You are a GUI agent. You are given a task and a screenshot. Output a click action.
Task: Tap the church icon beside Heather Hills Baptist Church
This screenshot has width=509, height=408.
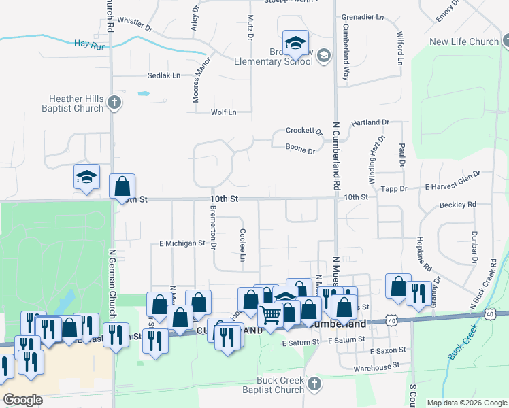pos(114,103)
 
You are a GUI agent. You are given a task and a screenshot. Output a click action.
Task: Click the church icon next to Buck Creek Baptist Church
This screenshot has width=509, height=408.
pos(314,385)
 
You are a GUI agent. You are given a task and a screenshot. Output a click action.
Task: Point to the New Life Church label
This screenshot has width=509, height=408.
pos(464,41)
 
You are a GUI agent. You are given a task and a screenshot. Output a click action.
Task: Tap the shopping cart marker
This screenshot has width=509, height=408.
pos(271,314)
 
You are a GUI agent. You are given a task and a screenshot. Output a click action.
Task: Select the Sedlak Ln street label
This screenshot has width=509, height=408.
pos(164,75)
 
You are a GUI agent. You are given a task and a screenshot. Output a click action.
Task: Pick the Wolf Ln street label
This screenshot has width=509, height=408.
pos(223,112)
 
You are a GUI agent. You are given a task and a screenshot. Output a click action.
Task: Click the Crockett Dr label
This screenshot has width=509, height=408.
pos(303,131)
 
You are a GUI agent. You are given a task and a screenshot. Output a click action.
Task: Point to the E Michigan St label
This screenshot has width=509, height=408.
pos(182,243)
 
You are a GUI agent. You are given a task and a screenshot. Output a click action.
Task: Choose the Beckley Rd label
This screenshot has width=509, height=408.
pos(457,205)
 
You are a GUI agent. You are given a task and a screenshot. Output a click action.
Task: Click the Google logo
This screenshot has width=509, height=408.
pos(22,399)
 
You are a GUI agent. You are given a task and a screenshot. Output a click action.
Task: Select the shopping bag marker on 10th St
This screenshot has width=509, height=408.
pos(122,186)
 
